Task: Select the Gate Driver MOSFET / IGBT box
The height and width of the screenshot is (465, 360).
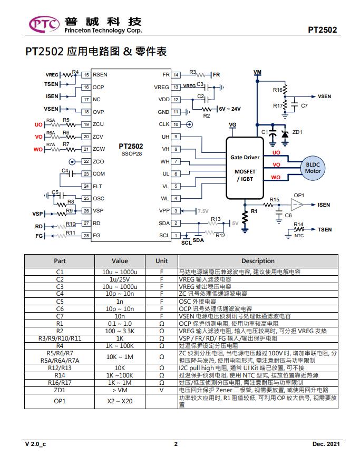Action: pyautogui.click(x=245, y=168)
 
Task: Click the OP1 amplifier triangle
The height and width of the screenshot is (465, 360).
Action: pyautogui.click(x=297, y=205)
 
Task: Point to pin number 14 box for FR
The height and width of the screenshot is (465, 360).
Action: pyautogui.click(x=176, y=75)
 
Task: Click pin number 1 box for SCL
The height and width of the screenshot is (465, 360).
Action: pyautogui.click(x=176, y=236)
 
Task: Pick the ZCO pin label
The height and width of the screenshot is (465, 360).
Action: pyautogui.click(x=98, y=161)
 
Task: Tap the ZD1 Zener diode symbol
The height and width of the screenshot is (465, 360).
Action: pyautogui.click(x=285, y=134)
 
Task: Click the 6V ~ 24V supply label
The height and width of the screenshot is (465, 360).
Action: pyautogui.click(x=230, y=109)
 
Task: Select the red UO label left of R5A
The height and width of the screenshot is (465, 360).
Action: pyautogui.click(x=38, y=124)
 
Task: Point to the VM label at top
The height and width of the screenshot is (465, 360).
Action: pyautogui.click(x=257, y=72)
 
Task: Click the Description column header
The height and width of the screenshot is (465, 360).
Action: pyautogui.click(x=258, y=261)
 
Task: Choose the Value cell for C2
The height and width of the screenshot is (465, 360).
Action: pyautogui.click(x=120, y=279)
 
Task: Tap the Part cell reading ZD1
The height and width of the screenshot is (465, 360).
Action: pyautogui.click(x=60, y=390)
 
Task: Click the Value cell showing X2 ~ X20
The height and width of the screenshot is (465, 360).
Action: pyautogui.click(x=120, y=401)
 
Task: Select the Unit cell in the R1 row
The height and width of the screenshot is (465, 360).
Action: pyautogui.click(x=162, y=324)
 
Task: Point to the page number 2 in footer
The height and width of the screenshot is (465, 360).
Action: pyautogui.click(x=176, y=444)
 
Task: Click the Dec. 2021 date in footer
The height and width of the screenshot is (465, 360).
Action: pyautogui.click(x=326, y=444)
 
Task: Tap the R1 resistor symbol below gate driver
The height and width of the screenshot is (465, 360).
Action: pyautogui.click(x=245, y=218)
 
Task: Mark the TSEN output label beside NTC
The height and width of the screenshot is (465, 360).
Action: pyautogui.click(x=325, y=229)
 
